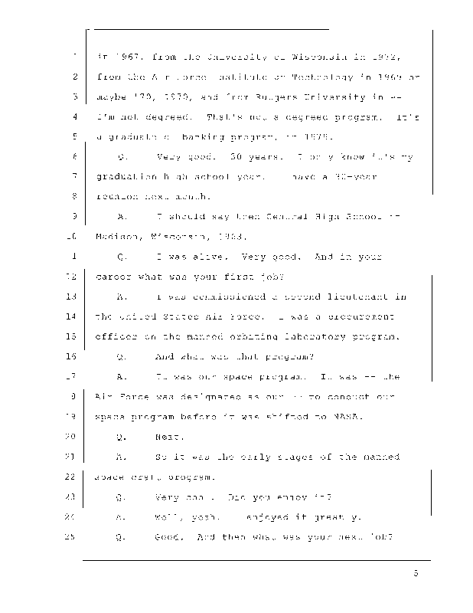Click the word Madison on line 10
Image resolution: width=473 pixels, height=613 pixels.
118,236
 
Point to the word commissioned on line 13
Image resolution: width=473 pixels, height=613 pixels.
213,297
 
